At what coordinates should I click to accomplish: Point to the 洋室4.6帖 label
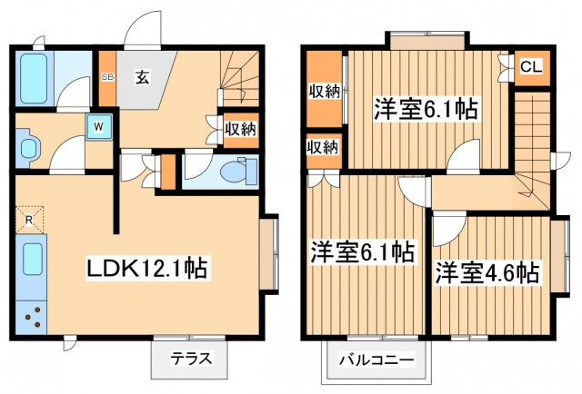[487, 271]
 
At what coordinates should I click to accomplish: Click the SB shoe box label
[106, 77]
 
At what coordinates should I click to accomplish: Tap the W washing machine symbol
[96, 127]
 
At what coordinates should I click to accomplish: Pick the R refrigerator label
[29, 221]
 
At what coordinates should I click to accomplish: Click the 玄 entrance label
[144, 76]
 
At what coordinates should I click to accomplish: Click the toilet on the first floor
[238, 170]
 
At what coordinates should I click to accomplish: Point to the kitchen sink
[33, 260]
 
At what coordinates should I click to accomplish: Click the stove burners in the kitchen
[34, 318]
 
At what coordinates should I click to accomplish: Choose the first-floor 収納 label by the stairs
[240, 129]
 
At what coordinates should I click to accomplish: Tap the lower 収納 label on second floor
[322, 146]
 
